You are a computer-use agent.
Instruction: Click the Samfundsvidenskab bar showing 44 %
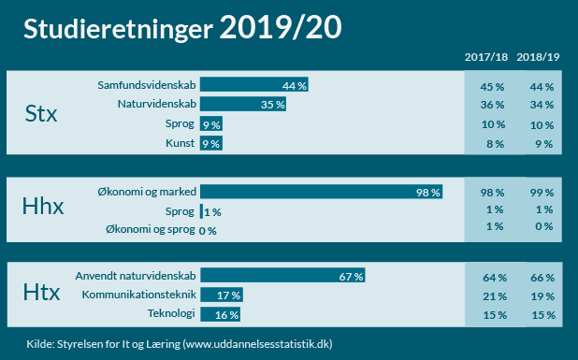(254, 85)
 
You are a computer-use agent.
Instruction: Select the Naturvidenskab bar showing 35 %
(243, 105)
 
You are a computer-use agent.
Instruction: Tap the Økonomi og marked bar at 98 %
(322, 193)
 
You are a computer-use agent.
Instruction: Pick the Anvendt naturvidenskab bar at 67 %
(282, 277)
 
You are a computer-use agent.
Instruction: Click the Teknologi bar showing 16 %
(220, 315)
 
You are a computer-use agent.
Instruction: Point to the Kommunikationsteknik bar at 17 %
(222, 295)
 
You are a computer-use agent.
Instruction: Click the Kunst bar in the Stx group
(210, 143)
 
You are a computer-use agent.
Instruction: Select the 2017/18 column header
(487, 58)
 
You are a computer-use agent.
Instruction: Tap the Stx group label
(41, 115)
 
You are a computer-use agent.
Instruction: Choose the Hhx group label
(43, 208)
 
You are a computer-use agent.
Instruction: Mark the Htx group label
(41, 295)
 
